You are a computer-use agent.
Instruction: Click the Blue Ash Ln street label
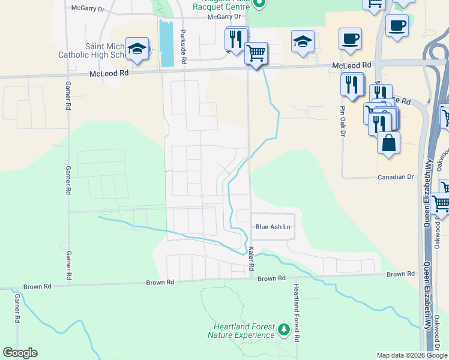pos(273,227)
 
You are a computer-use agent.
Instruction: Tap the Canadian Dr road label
pos(397,177)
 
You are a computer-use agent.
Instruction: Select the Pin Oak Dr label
pos(343,121)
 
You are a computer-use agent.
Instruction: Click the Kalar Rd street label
pos(252,258)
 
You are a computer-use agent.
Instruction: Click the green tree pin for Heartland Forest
pos(283,329)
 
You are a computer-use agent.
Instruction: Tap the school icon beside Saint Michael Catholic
pos(137,49)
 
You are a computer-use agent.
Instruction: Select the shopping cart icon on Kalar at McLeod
pos(256,53)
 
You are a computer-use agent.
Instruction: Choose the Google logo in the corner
pos(20,353)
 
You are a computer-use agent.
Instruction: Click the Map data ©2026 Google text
pos(412,355)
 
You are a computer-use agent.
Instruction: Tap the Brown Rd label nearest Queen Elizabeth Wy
pos(400,274)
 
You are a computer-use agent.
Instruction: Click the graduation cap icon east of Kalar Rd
pos(302,41)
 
